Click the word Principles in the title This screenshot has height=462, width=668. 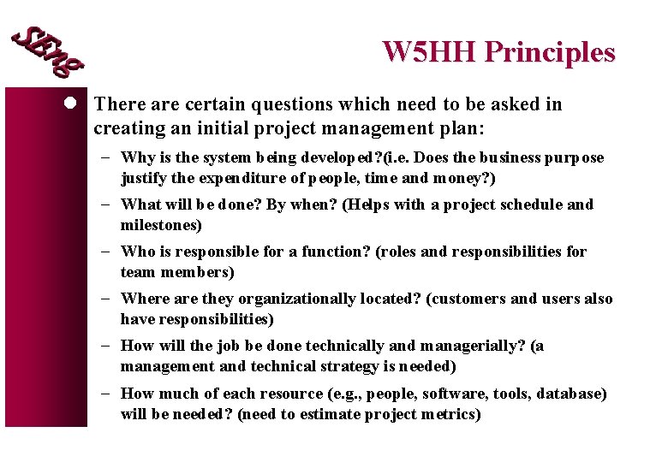549,52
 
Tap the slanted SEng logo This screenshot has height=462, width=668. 46,50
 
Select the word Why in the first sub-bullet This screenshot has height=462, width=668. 136,157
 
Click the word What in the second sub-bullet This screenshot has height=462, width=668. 140,204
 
